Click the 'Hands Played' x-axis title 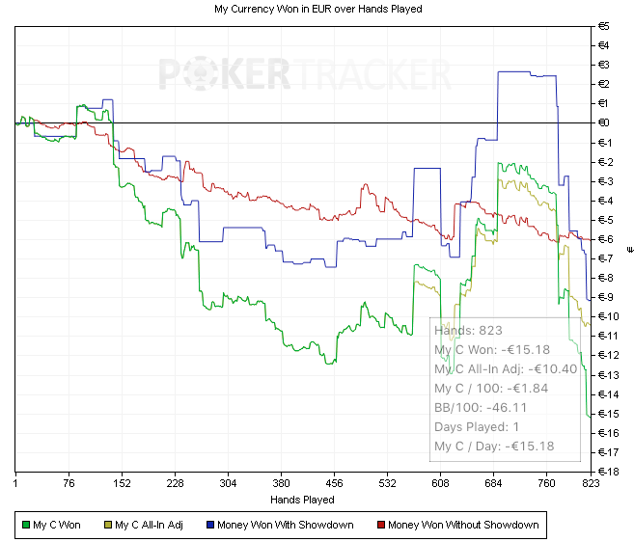[303, 500]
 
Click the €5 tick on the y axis [605, 26]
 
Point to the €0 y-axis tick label [605, 122]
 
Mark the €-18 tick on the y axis [607, 472]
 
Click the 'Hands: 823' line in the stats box [468, 331]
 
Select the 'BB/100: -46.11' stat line [481, 407]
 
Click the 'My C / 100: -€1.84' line [491, 388]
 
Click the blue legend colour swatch [209, 526]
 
